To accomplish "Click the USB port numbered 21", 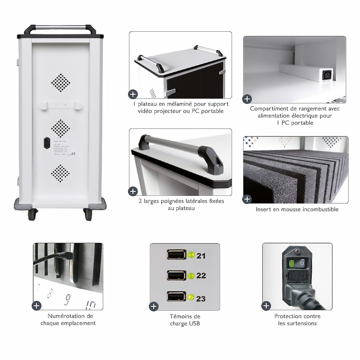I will (176, 255).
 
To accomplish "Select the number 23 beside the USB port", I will (201, 298).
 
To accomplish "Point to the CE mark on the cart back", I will (73, 154).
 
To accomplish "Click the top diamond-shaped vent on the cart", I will (60, 83).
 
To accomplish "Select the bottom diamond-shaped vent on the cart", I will (60, 174).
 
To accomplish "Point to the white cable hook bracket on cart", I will (60, 105).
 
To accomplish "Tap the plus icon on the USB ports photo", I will (154, 306).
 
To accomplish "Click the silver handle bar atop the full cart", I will (60, 27).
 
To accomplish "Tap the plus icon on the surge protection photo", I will (266, 306).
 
